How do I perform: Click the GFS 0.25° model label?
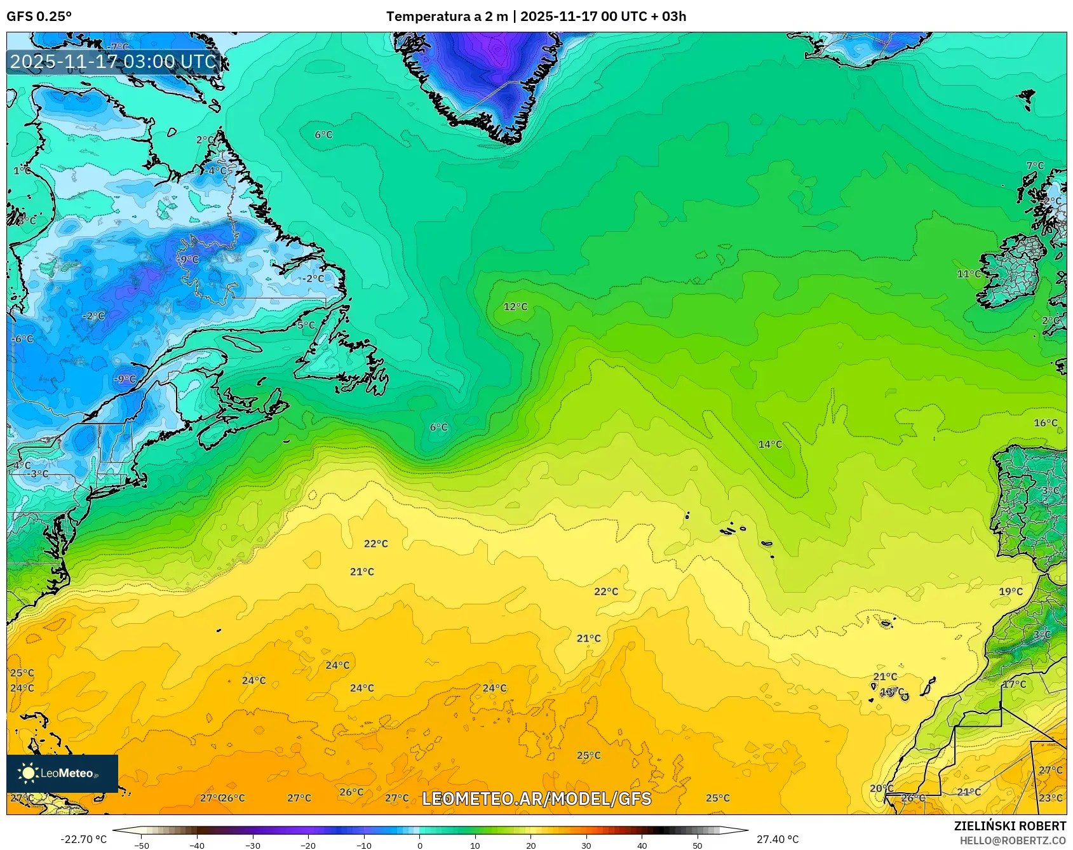click(x=39, y=17)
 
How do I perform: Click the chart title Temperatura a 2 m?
click(x=447, y=17)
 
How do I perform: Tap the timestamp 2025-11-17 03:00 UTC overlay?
click(x=114, y=62)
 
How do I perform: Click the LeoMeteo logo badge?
click(x=62, y=773)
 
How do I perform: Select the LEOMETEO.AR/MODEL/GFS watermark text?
click(x=537, y=799)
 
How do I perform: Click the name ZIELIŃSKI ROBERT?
click(x=1009, y=826)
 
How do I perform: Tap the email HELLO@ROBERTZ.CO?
click(x=1013, y=840)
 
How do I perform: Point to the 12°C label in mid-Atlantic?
click(x=515, y=307)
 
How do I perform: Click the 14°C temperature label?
click(x=770, y=444)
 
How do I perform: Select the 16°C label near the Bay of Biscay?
click(x=1046, y=422)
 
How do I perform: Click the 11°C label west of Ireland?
click(x=969, y=274)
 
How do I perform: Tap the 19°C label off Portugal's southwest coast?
click(x=1011, y=591)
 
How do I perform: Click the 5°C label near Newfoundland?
click(x=306, y=325)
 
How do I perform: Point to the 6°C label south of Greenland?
click(x=323, y=135)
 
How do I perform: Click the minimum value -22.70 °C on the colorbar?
click(x=83, y=839)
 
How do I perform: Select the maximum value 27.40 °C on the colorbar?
click(x=777, y=839)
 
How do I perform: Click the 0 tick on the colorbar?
click(x=419, y=845)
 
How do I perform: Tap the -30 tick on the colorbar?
click(x=253, y=845)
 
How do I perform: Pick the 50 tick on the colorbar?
click(x=698, y=845)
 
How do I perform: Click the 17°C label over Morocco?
click(x=1015, y=684)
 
